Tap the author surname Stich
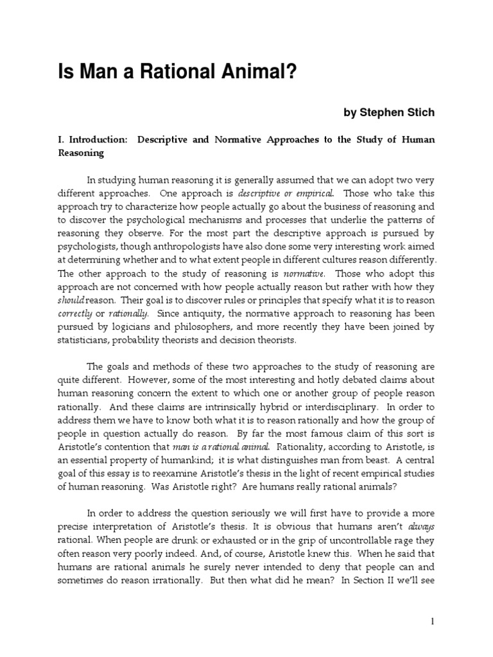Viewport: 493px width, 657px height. (x=419, y=113)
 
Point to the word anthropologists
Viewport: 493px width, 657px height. (x=204, y=246)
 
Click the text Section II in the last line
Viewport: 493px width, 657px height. (x=394, y=581)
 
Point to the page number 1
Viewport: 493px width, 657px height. (x=433, y=622)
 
